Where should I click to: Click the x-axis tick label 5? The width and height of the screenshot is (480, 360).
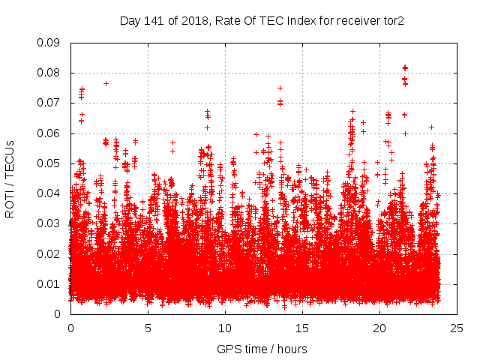pyautogui.click(x=148, y=328)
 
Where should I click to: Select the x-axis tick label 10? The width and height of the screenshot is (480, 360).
pyautogui.click(x=225, y=328)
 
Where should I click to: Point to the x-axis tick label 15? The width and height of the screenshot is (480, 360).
pyautogui.click(x=302, y=328)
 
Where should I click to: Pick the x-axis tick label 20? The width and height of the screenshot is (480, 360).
pyautogui.click(x=379, y=328)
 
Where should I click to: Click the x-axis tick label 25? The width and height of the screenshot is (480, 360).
pyautogui.click(x=457, y=328)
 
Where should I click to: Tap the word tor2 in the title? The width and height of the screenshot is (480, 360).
pyautogui.click(x=394, y=21)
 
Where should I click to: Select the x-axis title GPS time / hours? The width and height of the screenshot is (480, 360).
pyautogui.click(x=262, y=349)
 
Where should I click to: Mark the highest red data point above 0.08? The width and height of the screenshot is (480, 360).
pyautogui.click(x=405, y=67)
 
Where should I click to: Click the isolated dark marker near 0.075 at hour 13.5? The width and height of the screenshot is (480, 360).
pyautogui.click(x=280, y=88)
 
